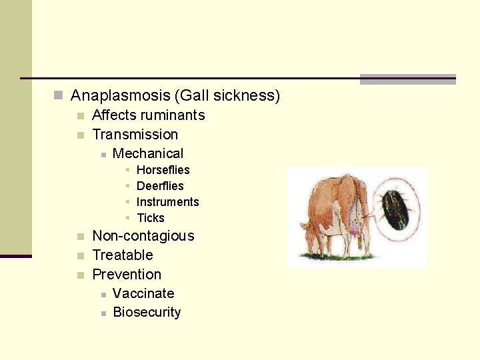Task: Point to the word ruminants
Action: tap(173, 115)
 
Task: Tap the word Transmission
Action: tap(135, 135)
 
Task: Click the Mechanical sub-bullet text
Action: tap(147, 154)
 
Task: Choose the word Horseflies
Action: tap(163, 170)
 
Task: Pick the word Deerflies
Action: tap(160, 186)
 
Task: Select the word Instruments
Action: tap(167, 202)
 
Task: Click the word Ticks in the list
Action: tap(150, 218)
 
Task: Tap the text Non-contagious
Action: tap(143, 236)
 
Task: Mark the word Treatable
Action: tap(122, 255)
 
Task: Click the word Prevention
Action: tap(126, 275)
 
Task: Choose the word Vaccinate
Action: tap(143, 294)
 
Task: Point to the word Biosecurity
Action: tap(147, 313)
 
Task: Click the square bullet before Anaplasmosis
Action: tap(59, 96)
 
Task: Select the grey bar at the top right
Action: tap(407, 79)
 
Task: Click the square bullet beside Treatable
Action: tap(80, 256)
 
